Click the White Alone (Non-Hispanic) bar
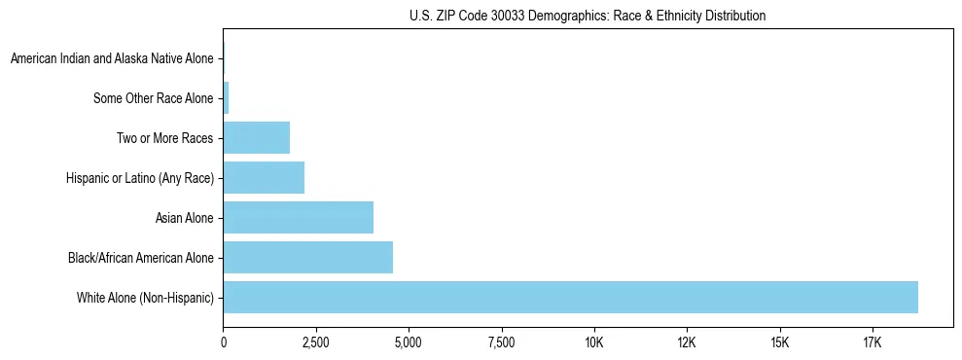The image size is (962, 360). click(x=570, y=297)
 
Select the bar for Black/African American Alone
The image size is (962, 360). click(x=308, y=258)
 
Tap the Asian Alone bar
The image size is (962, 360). click(x=299, y=217)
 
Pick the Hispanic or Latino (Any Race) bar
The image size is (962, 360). click(x=264, y=178)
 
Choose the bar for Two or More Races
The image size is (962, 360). click(x=257, y=138)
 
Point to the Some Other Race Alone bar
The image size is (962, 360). click(x=226, y=98)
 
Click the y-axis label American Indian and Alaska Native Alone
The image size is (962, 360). click(x=112, y=59)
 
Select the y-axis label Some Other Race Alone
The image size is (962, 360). click(x=154, y=98)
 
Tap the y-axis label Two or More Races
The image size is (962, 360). click(x=165, y=138)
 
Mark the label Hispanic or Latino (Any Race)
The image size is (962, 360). click(x=140, y=178)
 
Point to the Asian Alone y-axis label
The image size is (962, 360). click(x=185, y=217)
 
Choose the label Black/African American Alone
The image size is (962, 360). click(x=141, y=258)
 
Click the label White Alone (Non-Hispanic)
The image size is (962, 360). click(x=145, y=297)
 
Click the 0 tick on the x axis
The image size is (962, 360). click(x=224, y=342)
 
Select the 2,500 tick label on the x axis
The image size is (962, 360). click(x=316, y=342)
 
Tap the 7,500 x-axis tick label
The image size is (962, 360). click(x=501, y=342)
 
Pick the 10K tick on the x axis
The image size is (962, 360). click(x=594, y=342)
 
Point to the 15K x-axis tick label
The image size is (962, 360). click(x=779, y=342)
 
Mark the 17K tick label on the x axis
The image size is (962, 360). click(x=872, y=342)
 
